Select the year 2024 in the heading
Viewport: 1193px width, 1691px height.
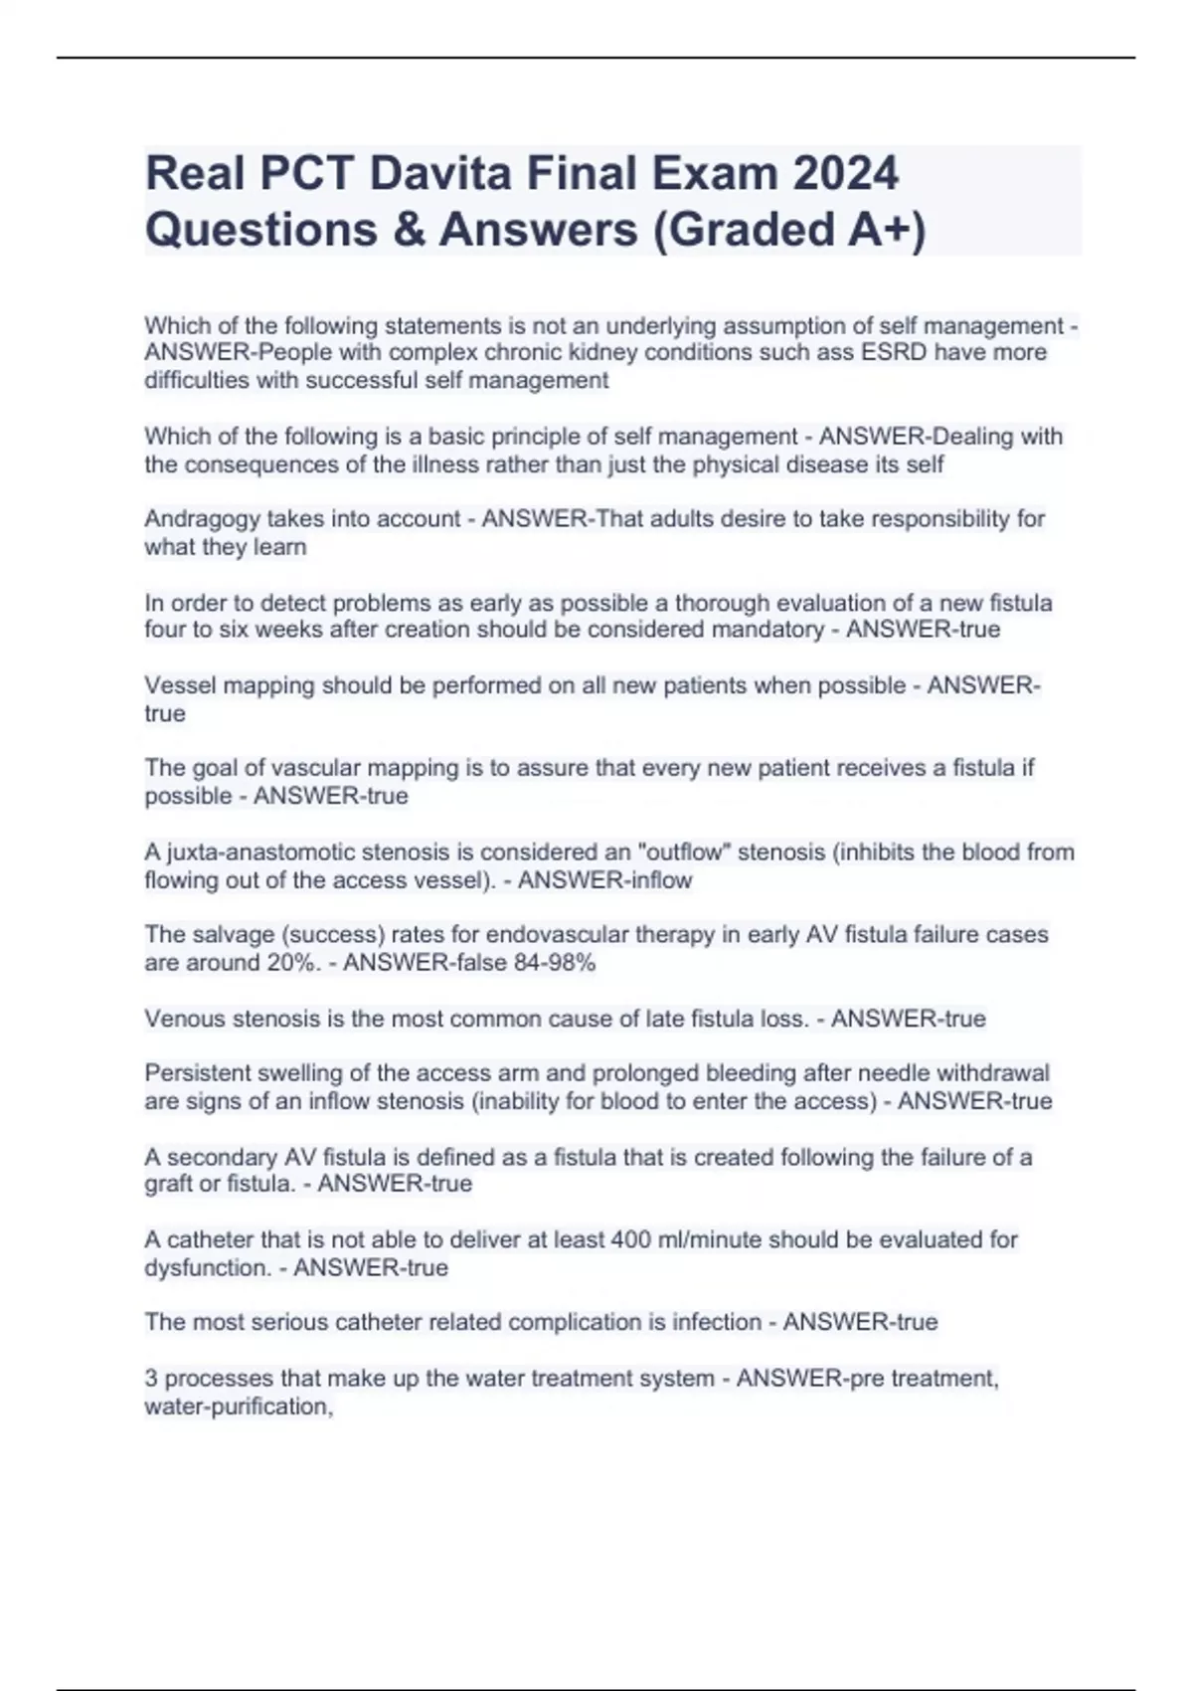846,174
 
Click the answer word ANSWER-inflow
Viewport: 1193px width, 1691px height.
604,880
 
